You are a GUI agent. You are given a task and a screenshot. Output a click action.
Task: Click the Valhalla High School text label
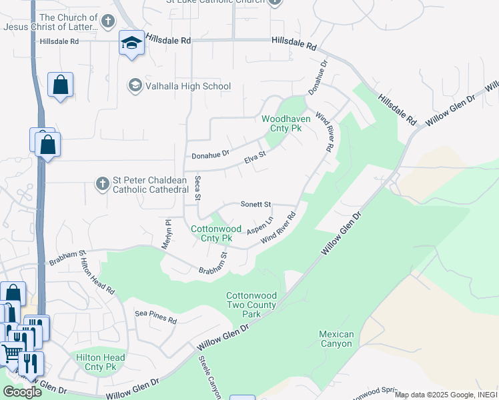tap(189, 86)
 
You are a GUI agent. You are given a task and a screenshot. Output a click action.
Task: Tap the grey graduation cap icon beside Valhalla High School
tap(135, 86)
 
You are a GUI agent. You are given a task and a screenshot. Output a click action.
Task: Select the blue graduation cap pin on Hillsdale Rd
tap(131, 44)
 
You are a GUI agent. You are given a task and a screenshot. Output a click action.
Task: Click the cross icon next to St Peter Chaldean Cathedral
tap(101, 183)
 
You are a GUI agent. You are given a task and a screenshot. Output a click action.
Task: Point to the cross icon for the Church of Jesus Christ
tap(108, 22)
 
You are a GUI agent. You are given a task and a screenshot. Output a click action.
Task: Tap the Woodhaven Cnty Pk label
tap(291, 123)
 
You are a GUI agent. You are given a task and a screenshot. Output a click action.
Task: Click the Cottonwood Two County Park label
tap(251, 305)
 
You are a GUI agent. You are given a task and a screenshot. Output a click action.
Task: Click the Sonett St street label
tap(256, 204)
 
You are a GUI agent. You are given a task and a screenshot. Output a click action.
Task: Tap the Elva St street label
tap(255, 158)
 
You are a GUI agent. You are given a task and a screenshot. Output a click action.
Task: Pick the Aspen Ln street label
tap(260, 225)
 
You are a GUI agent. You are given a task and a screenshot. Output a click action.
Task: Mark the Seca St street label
tap(197, 189)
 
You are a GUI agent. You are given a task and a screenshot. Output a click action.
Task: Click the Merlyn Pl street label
tap(167, 235)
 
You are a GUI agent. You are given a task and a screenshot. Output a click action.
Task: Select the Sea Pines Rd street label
tap(155, 317)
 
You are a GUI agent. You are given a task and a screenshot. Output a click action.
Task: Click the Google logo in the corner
tap(22, 391)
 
